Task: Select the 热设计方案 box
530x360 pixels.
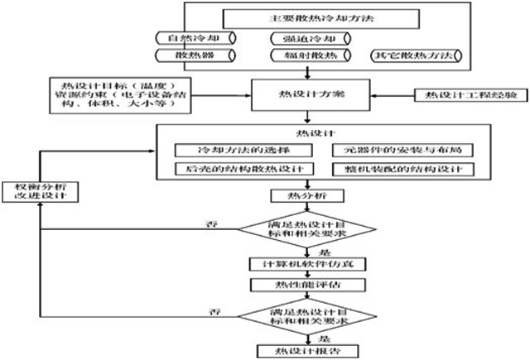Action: [x=306, y=95]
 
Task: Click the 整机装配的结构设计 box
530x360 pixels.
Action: [x=402, y=169]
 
